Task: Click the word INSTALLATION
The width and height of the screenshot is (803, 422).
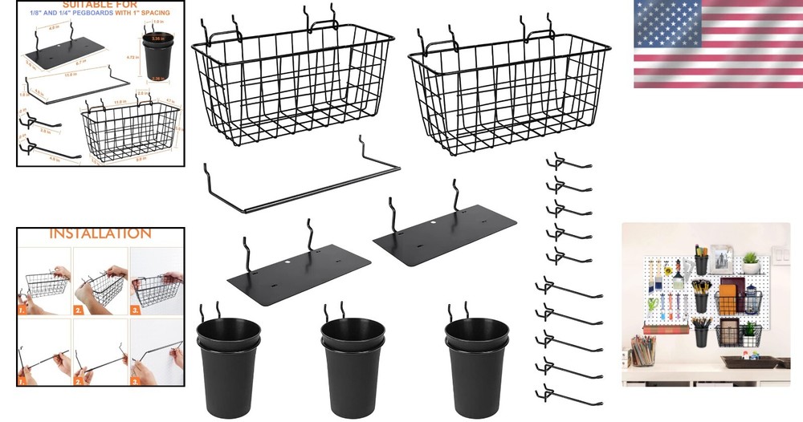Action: pyautogui.click(x=100, y=233)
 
